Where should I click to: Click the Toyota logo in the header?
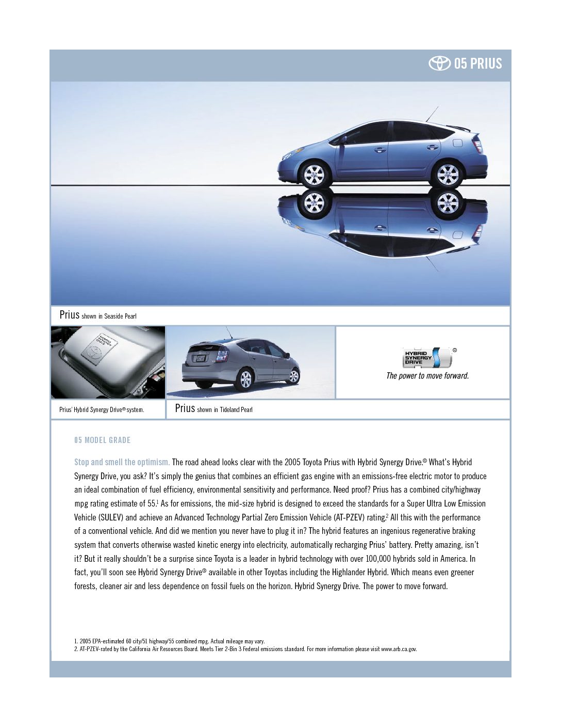click(x=439, y=64)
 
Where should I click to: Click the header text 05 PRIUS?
click(x=478, y=64)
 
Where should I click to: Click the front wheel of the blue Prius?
click(x=314, y=174)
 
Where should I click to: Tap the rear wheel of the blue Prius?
click(x=447, y=174)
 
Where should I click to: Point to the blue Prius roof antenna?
click(x=432, y=114)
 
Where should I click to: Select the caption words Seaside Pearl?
click(x=120, y=316)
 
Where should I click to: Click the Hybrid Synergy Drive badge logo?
click(x=427, y=357)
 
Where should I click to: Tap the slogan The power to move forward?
click(x=427, y=376)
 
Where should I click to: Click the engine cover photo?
click(x=108, y=362)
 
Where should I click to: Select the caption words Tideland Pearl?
click(x=236, y=409)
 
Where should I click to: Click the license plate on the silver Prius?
click(x=200, y=358)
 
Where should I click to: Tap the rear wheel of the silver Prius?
click(x=245, y=379)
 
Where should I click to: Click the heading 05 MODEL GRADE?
click(x=102, y=440)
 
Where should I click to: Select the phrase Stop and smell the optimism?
click(x=122, y=462)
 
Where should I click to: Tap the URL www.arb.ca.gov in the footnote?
click(x=399, y=649)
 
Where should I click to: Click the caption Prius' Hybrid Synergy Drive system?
click(x=102, y=409)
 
